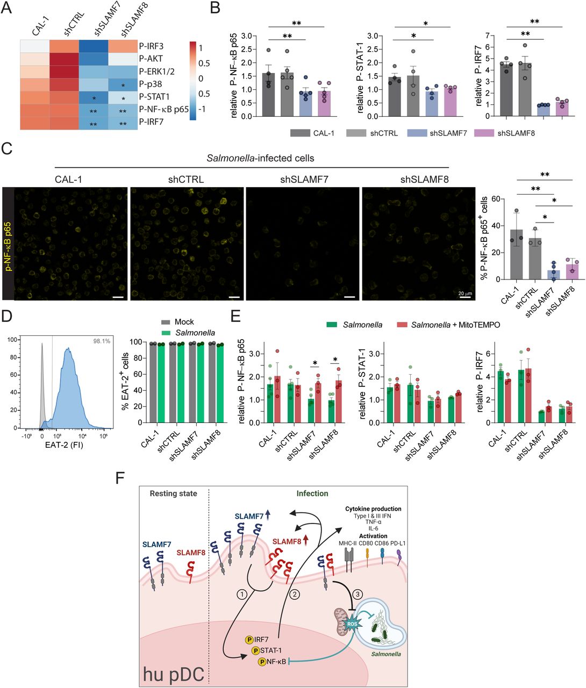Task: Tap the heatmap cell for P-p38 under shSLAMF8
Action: [123, 84]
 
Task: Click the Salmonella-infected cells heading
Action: [260, 158]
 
